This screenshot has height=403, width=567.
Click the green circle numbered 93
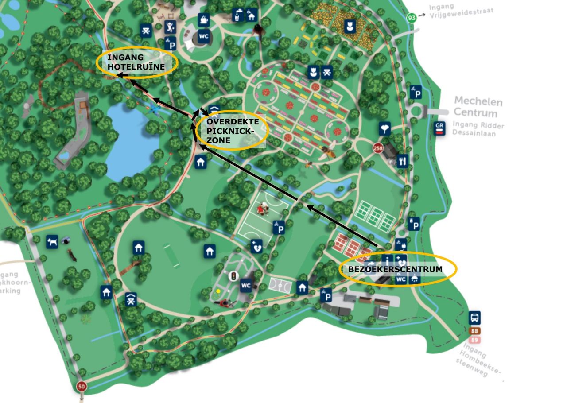coord(412,18)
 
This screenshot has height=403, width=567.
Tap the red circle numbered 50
coord(81,386)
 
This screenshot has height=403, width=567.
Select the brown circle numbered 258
coord(378,148)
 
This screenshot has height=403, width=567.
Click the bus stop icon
coord(474,318)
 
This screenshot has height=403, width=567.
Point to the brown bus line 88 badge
coord(474,331)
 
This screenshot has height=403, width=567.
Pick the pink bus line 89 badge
coord(474,340)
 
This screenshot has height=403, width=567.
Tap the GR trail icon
coord(439,128)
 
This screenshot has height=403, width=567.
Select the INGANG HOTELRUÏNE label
coord(136,62)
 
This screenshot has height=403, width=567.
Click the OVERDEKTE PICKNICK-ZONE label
coord(232,130)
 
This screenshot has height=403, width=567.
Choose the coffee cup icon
coord(203,19)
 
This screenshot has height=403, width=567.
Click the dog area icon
coord(52,241)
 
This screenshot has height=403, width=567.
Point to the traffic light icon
coord(231,275)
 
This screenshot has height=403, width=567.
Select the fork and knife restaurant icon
coord(402,161)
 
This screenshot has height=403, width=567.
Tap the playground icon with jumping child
coord(170,27)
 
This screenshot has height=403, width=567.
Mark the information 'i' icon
coord(388,260)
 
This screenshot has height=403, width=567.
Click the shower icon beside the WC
coord(414,279)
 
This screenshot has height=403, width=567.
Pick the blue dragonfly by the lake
coord(155,108)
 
